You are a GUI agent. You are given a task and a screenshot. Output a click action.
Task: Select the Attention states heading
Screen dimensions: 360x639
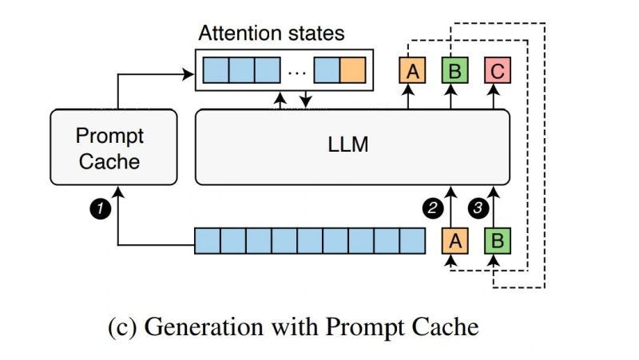(x=271, y=34)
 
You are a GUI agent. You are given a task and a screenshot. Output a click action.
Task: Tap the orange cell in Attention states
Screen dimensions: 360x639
(x=352, y=70)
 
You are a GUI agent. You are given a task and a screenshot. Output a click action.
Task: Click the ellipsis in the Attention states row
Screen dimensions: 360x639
(x=296, y=72)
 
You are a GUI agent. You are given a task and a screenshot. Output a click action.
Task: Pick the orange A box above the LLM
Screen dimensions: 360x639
(x=412, y=71)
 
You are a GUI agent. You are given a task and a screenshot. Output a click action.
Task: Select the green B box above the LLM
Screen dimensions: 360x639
(x=454, y=71)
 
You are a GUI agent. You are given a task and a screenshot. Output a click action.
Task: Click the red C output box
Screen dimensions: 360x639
(x=497, y=71)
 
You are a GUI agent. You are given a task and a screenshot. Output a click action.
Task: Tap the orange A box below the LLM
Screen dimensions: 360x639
(x=454, y=239)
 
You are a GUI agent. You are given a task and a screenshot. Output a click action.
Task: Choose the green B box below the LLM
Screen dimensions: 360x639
(x=497, y=239)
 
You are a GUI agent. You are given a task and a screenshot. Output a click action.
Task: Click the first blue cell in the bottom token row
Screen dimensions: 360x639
(x=208, y=239)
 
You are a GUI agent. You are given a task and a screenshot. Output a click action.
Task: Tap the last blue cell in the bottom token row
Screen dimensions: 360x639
(x=411, y=239)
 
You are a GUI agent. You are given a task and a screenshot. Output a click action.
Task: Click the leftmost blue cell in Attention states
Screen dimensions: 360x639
(x=216, y=70)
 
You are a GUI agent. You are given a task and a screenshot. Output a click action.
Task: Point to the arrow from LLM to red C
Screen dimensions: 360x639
(x=497, y=97)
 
